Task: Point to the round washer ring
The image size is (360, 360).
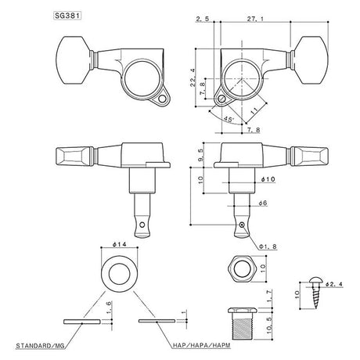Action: [x=121, y=271]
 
